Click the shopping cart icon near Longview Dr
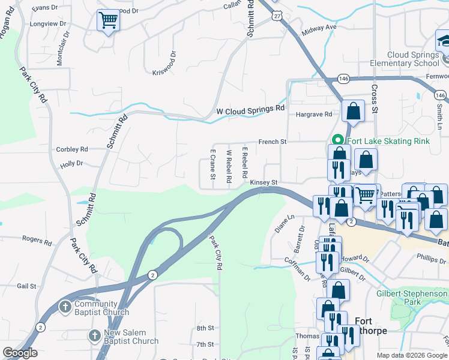point(108,20)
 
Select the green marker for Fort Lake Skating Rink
point(337,139)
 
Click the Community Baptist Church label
point(101,308)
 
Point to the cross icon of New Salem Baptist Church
point(94,337)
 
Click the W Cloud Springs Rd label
point(250,111)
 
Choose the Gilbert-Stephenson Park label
point(412,298)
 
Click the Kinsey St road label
point(264,182)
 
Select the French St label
point(273,142)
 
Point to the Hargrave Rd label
point(313,114)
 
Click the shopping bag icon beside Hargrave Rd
point(353,111)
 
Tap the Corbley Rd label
point(71,149)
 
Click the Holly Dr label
point(71,163)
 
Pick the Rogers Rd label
point(37,240)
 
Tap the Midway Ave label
point(320,28)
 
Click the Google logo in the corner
point(20,353)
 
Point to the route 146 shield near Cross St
point(343,78)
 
